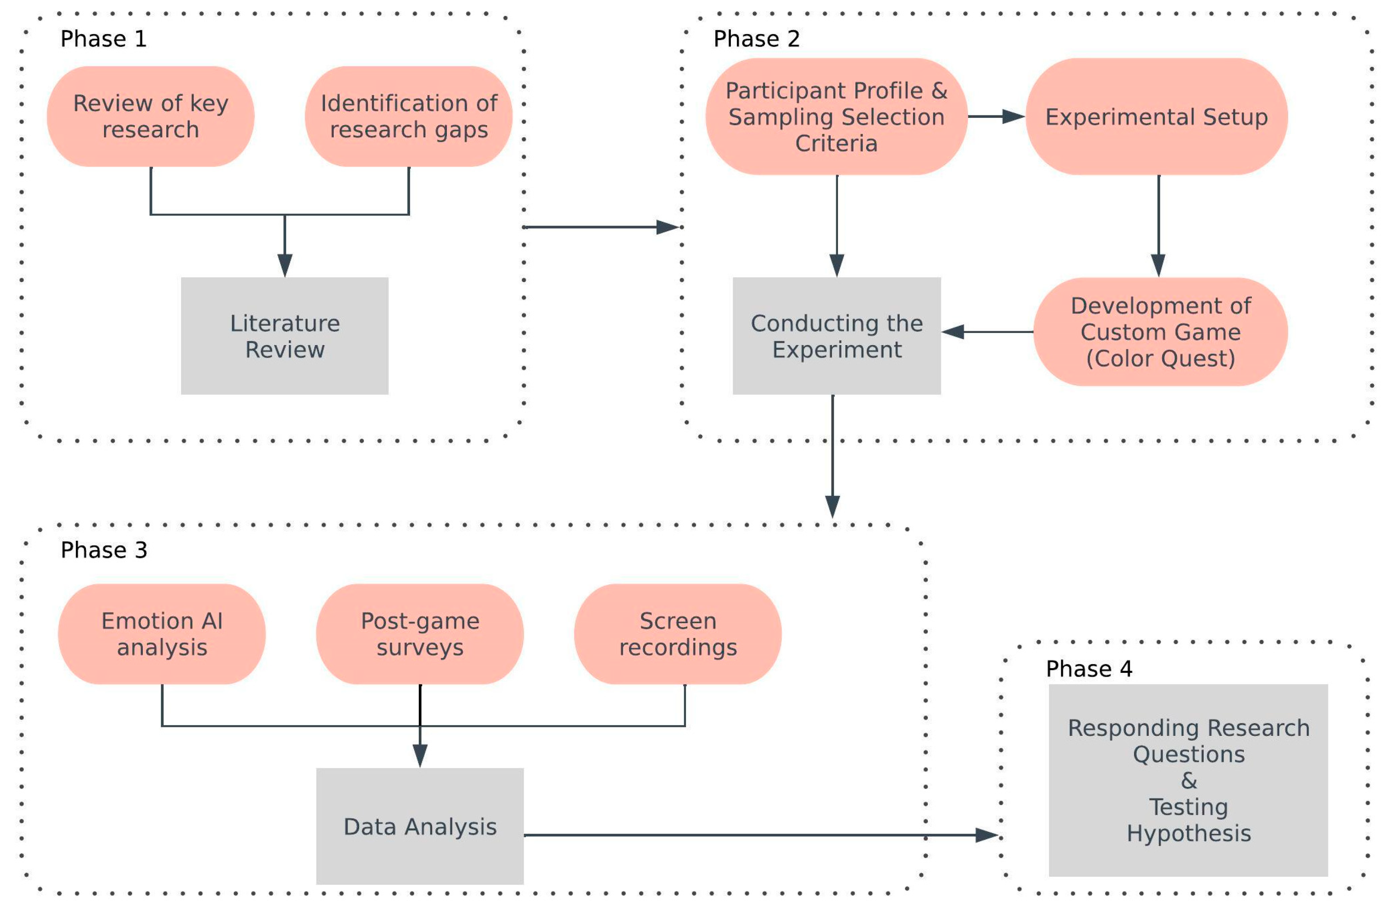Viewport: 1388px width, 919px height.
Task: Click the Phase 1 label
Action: [103, 39]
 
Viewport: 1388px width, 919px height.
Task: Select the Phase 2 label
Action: [756, 39]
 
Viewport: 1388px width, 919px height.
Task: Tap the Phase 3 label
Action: [104, 550]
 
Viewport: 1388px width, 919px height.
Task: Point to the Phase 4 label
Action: [1089, 669]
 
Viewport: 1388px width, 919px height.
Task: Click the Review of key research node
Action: [151, 116]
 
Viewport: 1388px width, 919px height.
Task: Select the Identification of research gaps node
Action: [408, 116]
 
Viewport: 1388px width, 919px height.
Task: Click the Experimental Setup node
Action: [1156, 116]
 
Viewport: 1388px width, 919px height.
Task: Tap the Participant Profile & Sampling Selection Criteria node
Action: [836, 116]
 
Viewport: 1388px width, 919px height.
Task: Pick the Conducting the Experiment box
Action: [836, 336]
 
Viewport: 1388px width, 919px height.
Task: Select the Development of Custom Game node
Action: [1160, 332]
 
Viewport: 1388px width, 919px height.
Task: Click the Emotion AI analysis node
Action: [162, 634]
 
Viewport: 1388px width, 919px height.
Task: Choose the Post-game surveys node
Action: [420, 634]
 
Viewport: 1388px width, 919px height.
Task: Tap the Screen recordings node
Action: [677, 634]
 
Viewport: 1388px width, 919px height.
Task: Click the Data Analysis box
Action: [420, 827]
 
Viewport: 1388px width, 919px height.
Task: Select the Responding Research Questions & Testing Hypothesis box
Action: [1188, 780]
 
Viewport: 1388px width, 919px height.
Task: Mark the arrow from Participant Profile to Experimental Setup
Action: [996, 116]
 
